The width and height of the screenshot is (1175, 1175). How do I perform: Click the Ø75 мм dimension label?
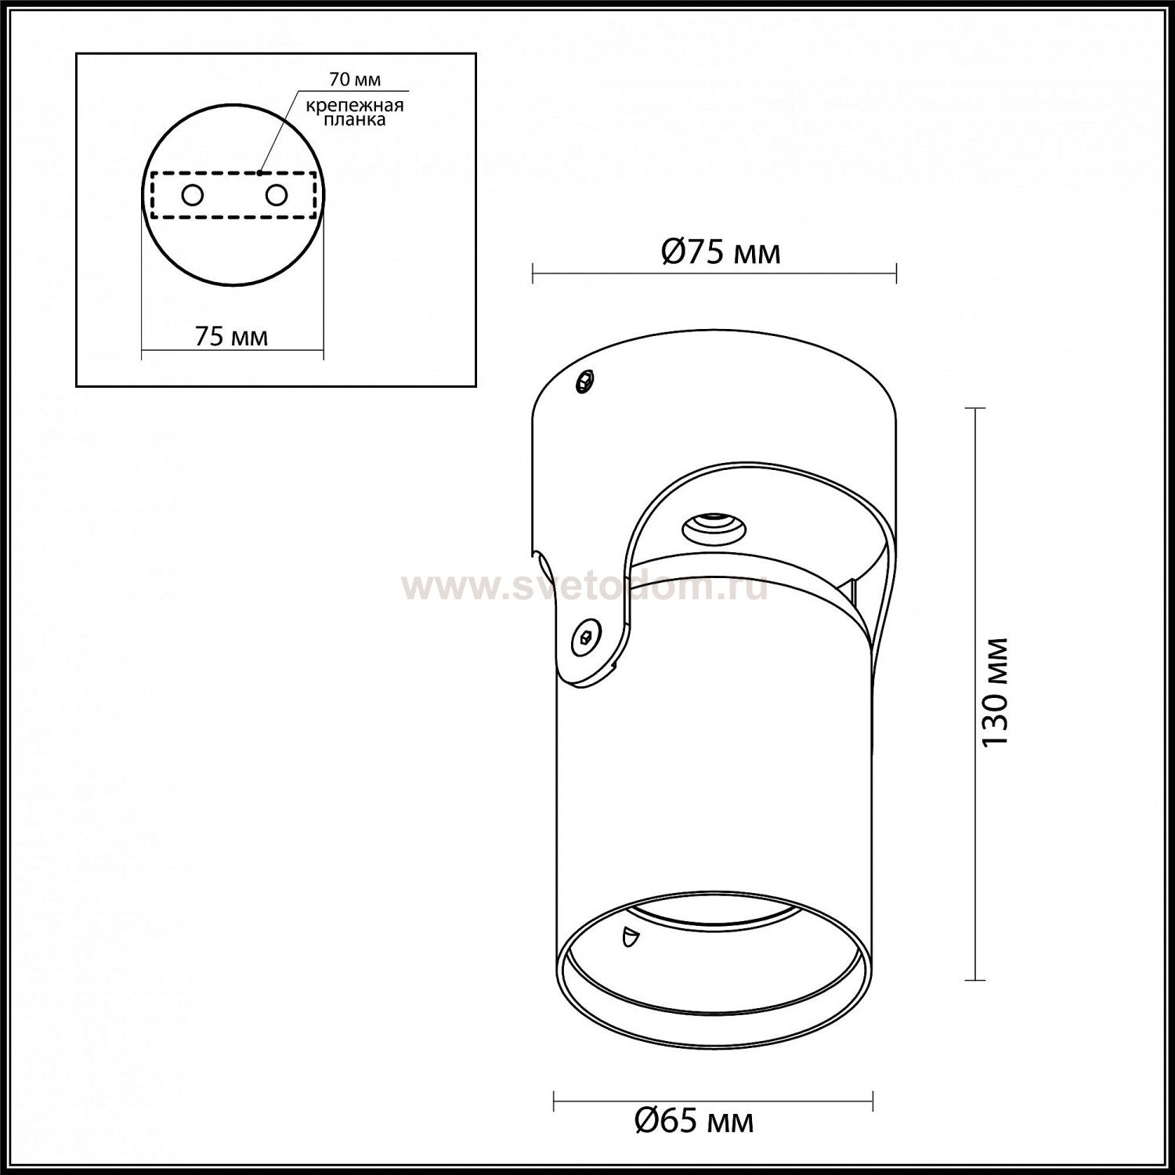pyautogui.click(x=721, y=252)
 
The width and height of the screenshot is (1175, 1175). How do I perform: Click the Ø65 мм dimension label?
pyautogui.click(x=693, y=1121)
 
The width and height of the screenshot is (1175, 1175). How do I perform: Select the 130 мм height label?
pyautogui.click(x=996, y=691)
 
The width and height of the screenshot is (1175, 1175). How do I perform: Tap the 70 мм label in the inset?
pyautogui.click(x=356, y=80)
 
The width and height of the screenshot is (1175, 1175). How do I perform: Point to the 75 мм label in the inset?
pyautogui.click(x=231, y=336)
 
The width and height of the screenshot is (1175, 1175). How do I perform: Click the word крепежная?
pyautogui.click(x=354, y=105)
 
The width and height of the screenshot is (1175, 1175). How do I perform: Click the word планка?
pyautogui.click(x=356, y=120)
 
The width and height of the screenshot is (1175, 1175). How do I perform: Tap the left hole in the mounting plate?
pyautogui.click(x=193, y=194)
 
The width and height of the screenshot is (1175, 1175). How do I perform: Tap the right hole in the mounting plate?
pyautogui.click(x=277, y=194)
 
